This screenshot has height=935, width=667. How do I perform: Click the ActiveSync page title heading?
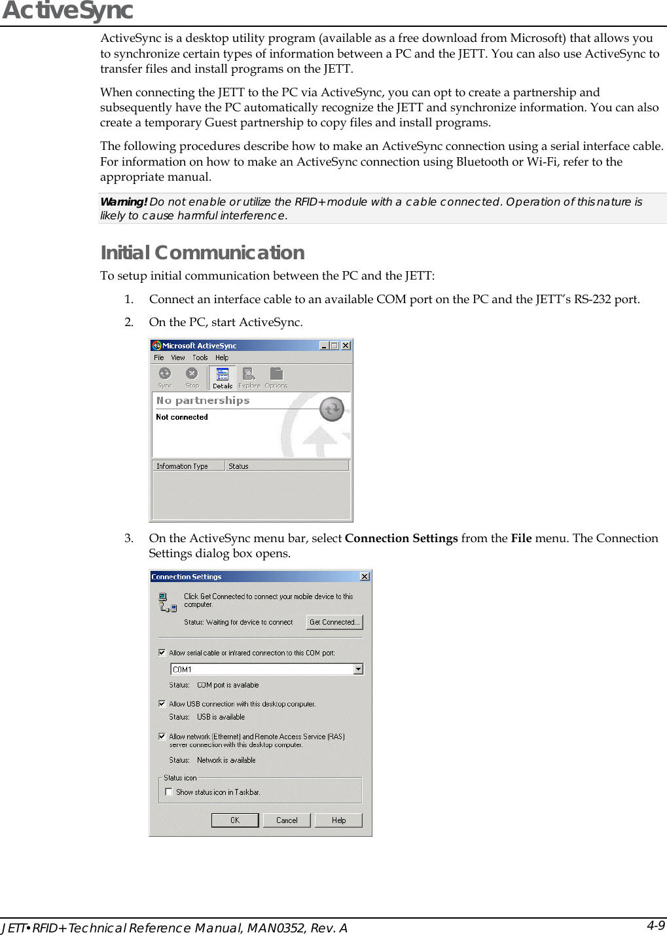(67, 11)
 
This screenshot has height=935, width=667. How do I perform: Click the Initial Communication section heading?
(202, 253)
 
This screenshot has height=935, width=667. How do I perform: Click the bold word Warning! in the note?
(123, 202)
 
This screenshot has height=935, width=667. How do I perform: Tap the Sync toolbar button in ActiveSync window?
(165, 377)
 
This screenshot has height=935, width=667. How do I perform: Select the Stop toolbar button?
(192, 377)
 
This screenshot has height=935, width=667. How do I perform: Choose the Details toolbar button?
(223, 377)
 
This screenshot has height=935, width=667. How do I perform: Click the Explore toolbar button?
(249, 377)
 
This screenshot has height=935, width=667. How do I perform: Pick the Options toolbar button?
(276, 377)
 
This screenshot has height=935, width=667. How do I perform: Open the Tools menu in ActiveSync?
(200, 357)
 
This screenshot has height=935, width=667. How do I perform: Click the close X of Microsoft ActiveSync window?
(346, 346)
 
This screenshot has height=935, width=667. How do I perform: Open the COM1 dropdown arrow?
(358, 669)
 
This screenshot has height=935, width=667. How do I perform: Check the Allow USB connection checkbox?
(162, 704)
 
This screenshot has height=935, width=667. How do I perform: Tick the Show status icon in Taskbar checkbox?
(169, 792)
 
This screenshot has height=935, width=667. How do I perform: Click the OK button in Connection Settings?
(235, 820)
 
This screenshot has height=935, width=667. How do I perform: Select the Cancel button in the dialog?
(287, 820)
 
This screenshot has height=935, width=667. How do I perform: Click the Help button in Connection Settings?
(338, 820)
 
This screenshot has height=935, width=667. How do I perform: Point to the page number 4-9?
(656, 925)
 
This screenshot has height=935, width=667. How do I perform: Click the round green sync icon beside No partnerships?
(332, 409)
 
